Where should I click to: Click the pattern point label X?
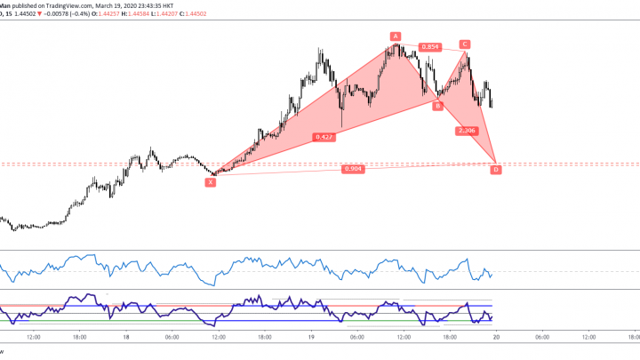click(x=211, y=181)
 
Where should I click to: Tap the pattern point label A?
click(x=395, y=36)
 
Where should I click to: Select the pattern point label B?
click(x=437, y=106)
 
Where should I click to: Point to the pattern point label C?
click(x=464, y=44)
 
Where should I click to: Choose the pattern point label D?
click(x=496, y=170)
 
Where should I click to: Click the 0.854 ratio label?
click(x=430, y=46)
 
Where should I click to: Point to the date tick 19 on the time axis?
click(x=310, y=337)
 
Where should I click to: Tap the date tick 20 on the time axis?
click(x=495, y=337)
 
